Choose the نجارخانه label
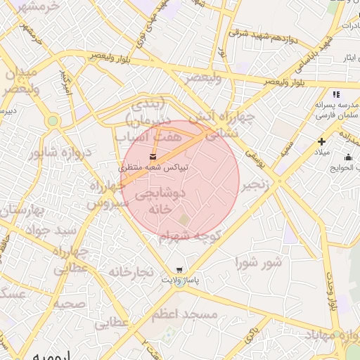coord(131,271)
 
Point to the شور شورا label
coord(258,263)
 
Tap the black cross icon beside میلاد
coord(321,141)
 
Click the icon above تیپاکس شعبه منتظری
coord(153,155)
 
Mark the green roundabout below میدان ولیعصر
coord(53,121)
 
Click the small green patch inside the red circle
coord(184,220)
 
